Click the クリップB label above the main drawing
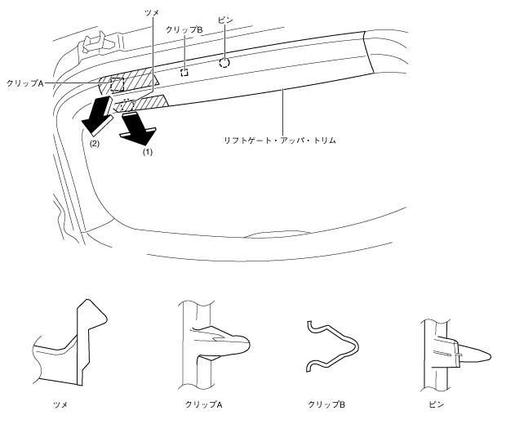[x=184, y=29]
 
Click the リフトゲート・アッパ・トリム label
[x=282, y=141]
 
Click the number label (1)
[x=147, y=152]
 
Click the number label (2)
[x=95, y=145]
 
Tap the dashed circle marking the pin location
[x=224, y=62]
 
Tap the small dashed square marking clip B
[x=185, y=71]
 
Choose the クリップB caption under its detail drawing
[x=335, y=404]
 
